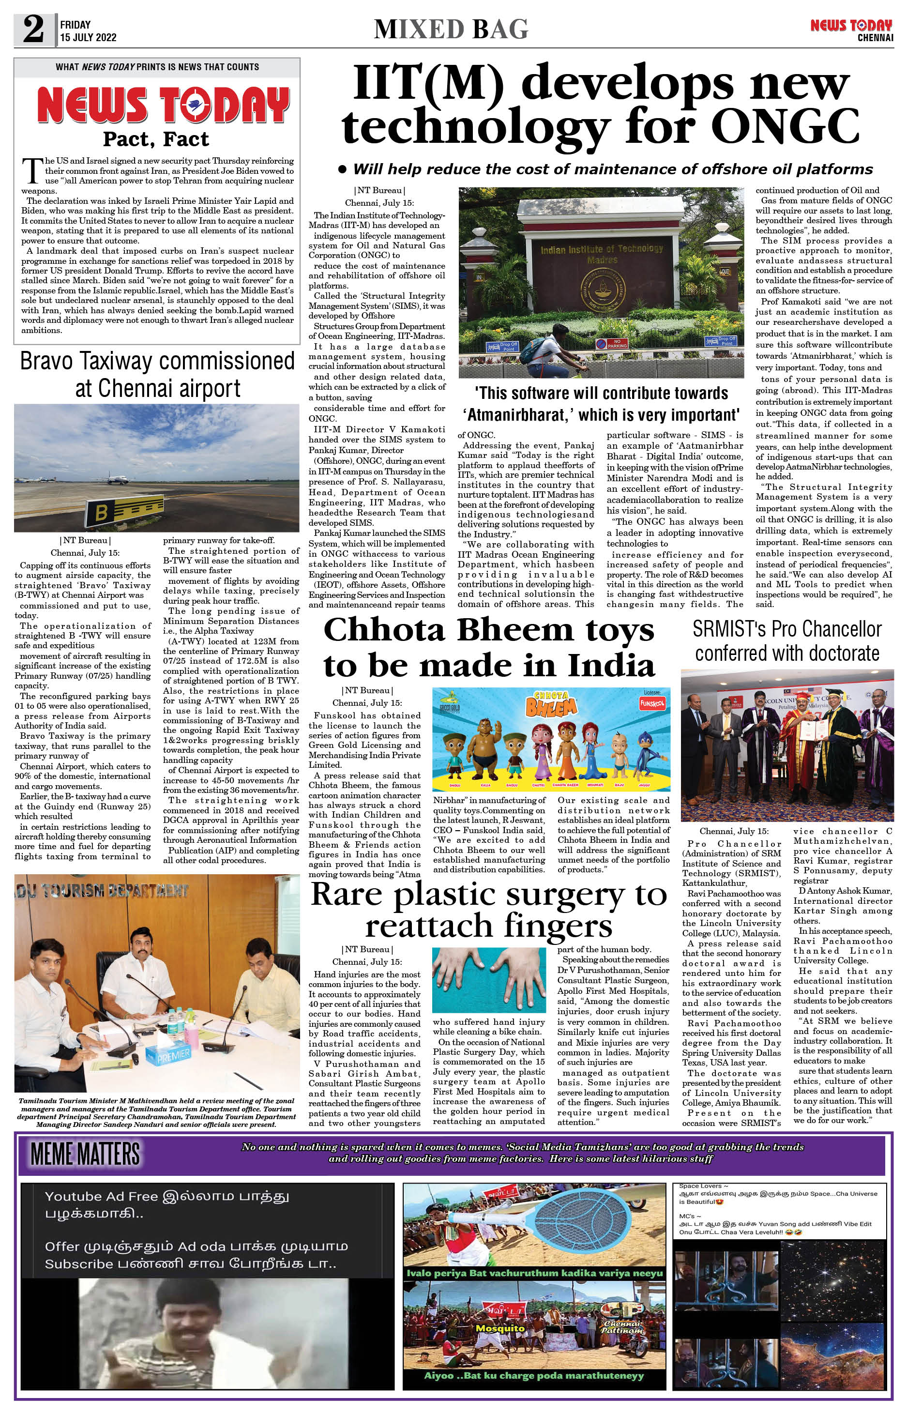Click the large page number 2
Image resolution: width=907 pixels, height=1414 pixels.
(x=33, y=30)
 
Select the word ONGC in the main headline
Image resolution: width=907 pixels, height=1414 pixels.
(x=785, y=125)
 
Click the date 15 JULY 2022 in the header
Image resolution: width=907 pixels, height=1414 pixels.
(x=89, y=37)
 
